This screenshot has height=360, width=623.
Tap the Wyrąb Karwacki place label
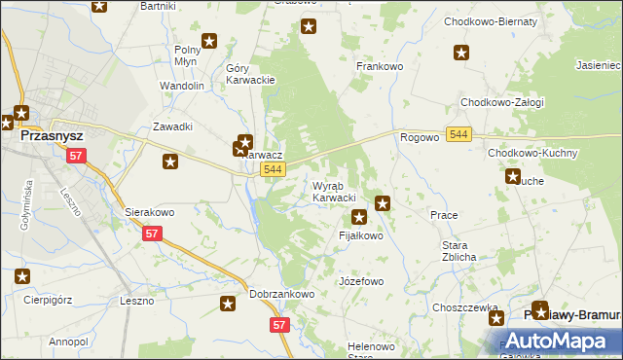tap(333, 192)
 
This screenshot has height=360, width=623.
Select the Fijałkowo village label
tap(360, 235)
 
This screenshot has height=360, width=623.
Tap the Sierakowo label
tap(149, 210)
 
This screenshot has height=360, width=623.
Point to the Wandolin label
tap(182, 86)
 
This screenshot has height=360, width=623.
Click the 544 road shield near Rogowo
tap(460, 133)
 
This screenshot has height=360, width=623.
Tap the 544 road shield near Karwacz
tap(274, 170)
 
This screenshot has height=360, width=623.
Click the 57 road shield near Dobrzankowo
tap(279, 325)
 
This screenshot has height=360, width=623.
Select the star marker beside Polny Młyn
tap(209, 42)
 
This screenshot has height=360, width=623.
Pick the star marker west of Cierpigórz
tap(21, 277)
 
